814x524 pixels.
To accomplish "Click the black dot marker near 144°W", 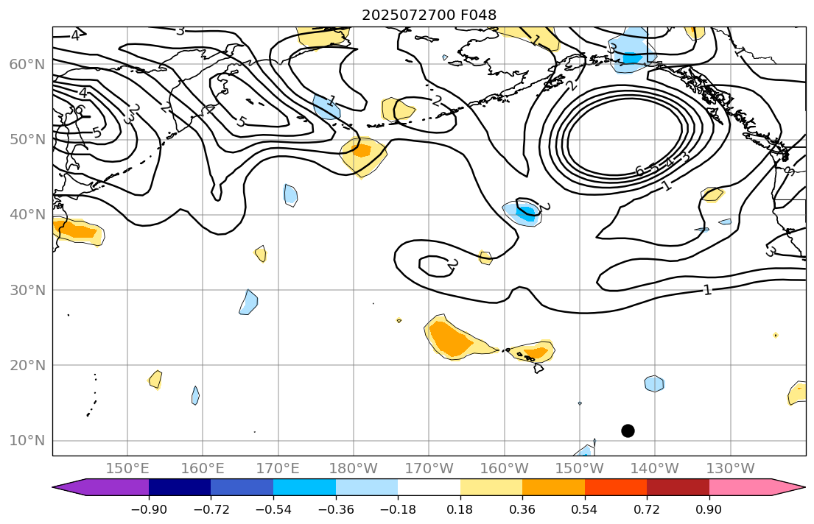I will click(x=628, y=431).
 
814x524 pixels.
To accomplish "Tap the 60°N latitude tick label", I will click(x=27, y=64).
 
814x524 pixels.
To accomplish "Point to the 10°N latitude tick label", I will click(x=27, y=440).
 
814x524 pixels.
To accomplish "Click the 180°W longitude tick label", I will click(x=353, y=468).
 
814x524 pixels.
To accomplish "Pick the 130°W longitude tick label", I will click(x=729, y=468).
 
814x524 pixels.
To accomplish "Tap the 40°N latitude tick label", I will click(x=27, y=214).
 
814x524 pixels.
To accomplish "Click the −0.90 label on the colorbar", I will click(x=149, y=510).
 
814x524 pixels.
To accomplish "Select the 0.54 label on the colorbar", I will click(x=584, y=510).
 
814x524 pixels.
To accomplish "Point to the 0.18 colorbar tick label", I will click(x=460, y=510).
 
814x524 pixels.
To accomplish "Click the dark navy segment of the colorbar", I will click(x=180, y=487).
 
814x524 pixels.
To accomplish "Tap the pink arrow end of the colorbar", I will click(x=788, y=487).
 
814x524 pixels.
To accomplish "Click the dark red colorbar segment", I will click(x=678, y=487).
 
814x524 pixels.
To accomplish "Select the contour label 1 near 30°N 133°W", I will click(x=707, y=290).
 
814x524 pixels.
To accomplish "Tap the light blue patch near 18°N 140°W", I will click(x=654, y=383).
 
